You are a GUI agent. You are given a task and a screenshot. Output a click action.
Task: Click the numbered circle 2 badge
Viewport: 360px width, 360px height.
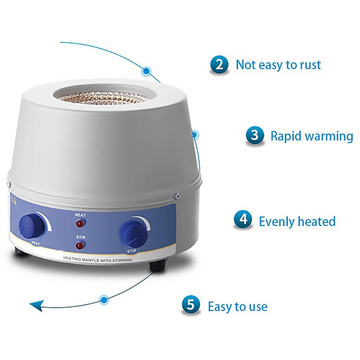(219, 64)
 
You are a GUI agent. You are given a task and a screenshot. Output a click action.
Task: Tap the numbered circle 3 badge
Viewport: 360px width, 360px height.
(255, 135)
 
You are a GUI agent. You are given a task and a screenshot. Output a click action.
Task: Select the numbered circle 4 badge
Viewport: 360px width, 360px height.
(243, 220)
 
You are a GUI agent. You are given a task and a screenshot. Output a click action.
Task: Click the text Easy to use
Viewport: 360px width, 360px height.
(238, 307)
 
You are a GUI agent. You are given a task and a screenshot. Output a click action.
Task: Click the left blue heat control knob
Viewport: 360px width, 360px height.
(31, 225)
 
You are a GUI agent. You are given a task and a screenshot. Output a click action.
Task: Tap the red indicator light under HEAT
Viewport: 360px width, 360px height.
(80, 224)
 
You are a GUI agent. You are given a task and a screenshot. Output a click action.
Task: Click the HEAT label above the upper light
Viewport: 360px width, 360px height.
(80, 215)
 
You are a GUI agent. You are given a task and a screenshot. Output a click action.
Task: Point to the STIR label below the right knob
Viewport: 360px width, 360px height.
(131, 251)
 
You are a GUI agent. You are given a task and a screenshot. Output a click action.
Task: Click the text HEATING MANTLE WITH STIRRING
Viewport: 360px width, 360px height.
(98, 260)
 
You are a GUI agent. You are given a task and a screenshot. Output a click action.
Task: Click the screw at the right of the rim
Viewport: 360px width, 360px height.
(176, 196)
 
